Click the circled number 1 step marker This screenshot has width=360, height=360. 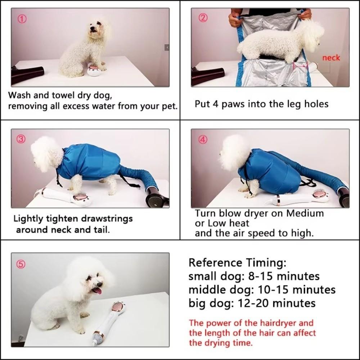coord(22,19)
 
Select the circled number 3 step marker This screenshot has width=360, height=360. coord(21,140)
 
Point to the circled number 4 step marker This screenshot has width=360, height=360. coord(203,140)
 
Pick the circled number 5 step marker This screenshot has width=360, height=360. coord(21,264)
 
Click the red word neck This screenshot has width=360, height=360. coord(331,58)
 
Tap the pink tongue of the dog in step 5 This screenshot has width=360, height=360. coord(97,290)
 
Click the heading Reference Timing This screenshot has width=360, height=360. coord(237,262)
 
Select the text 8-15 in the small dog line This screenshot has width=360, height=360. coord(260,276)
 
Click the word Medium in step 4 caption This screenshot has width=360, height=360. coord(305,213)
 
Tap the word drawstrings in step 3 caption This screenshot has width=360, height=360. coord(103,219)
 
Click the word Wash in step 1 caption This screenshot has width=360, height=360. coord(19,95)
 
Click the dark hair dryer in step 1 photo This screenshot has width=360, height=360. coord(27,75)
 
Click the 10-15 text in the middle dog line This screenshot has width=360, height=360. coord(276,289)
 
